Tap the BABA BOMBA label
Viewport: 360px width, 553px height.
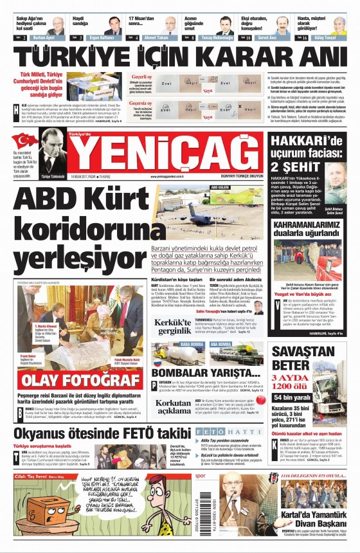(174, 345)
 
